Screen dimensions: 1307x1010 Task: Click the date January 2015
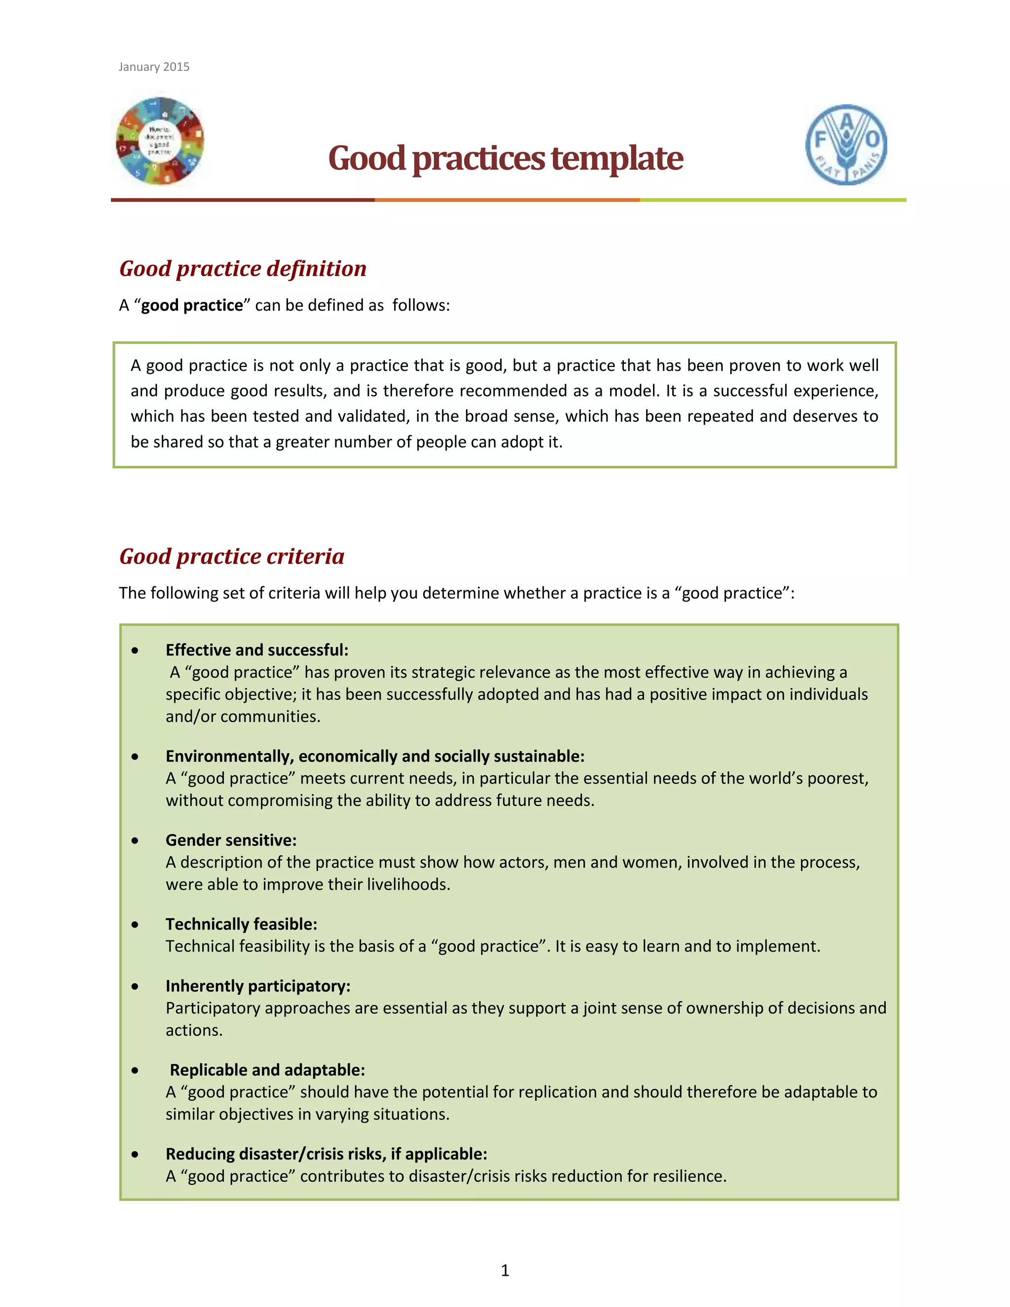pyautogui.click(x=154, y=67)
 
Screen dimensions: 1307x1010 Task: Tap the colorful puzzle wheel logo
pyautogui.click(x=160, y=141)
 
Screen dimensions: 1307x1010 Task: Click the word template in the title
pyautogui.click(x=616, y=159)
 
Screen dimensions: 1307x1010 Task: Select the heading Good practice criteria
pyautogui.click(x=232, y=556)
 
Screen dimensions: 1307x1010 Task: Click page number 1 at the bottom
pyautogui.click(x=505, y=1270)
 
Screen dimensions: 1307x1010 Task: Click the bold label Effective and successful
pyautogui.click(x=256, y=650)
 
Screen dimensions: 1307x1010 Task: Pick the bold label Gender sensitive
pyautogui.click(x=231, y=840)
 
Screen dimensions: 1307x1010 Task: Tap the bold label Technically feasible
pyautogui.click(x=241, y=924)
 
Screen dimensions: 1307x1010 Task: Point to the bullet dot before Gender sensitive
pyautogui.click(x=135, y=841)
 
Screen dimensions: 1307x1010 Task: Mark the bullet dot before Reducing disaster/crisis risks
pyautogui.click(x=135, y=1155)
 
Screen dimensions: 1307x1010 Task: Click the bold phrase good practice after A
pyautogui.click(x=192, y=305)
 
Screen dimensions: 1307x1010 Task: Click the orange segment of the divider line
pyautogui.click(x=507, y=200)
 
